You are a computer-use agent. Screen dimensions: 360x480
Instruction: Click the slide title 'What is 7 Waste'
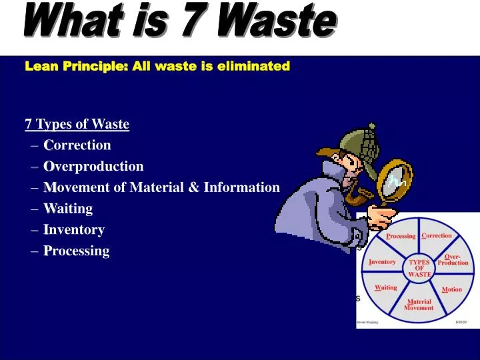(x=178, y=22)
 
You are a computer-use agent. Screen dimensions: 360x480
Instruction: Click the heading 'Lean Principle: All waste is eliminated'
(x=157, y=66)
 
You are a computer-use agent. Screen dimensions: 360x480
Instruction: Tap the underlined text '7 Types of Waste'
(x=77, y=124)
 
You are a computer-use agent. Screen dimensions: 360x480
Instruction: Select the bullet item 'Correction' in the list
(x=77, y=145)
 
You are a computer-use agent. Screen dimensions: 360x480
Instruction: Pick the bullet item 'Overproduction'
(x=93, y=166)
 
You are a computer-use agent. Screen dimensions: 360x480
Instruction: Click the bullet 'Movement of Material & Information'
(x=161, y=187)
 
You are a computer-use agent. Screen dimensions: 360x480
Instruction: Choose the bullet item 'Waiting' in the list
(x=68, y=209)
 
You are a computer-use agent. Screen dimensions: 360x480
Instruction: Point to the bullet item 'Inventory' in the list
(x=74, y=230)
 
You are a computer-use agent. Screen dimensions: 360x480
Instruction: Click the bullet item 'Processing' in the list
(x=76, y=251)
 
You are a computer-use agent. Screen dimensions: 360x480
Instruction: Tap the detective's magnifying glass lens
(x=397, y=178)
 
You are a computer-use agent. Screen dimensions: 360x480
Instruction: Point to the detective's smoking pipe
(x=363, y=196)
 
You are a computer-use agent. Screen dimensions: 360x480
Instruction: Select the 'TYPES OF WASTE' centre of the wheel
(x=420, y=268)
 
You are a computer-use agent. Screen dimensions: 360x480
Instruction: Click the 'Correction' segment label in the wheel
(x=437, y=235)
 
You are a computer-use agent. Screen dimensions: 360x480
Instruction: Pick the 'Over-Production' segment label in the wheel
(x=453, y=259)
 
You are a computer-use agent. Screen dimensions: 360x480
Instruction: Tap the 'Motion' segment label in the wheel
(x=451, y=289)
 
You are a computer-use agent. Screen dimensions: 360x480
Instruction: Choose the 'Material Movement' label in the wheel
(x=419, y=305)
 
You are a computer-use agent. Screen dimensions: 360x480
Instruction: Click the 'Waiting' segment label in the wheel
(x=386, y=288)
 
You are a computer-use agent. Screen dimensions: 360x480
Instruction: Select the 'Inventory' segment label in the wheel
(x=383, y=262)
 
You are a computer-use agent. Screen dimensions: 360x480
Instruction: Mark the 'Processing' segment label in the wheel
(x=401, y=236)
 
